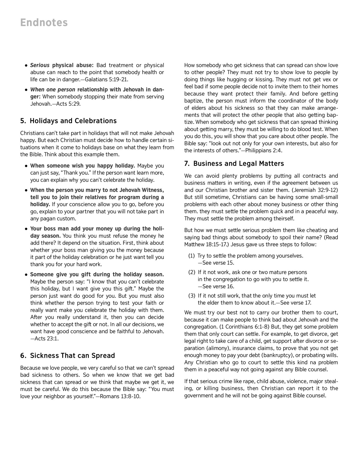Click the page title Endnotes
point(44,23)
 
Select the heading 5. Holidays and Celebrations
point(68,121)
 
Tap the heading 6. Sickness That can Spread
point(67,356)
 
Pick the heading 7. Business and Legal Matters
point(234,164)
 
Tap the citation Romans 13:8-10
point(120,396)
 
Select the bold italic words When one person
point(53,90)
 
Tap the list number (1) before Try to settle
point(192,256)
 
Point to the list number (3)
point(192,296)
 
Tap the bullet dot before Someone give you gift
point(26,275)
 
